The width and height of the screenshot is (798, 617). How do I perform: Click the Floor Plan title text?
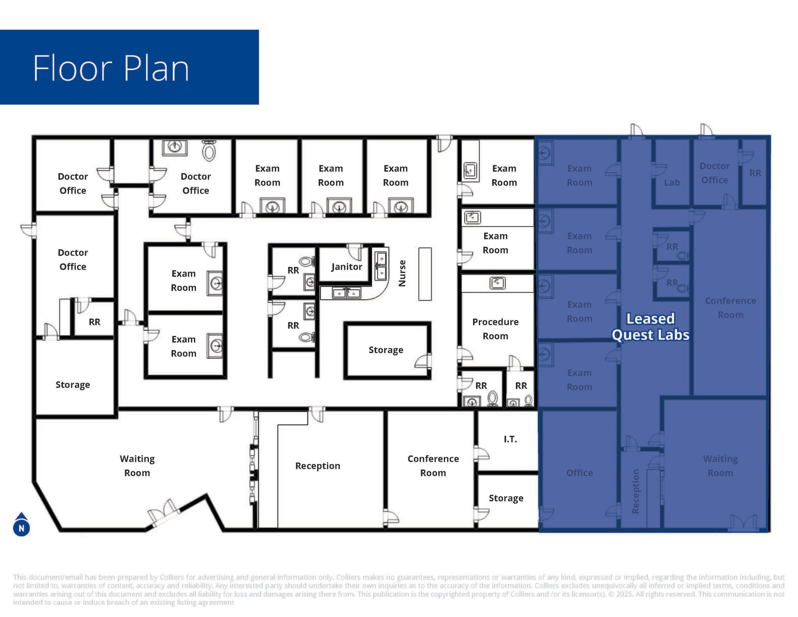111,68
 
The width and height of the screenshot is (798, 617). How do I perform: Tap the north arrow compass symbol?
21,525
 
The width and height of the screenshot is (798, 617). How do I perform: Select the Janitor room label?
346,267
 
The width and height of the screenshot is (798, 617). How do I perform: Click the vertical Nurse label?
402,274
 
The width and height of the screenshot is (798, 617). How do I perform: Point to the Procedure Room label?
495,329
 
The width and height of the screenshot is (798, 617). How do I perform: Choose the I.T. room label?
510,439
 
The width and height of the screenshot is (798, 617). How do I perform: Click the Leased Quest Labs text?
650,327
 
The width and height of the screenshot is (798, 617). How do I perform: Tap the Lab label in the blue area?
672,182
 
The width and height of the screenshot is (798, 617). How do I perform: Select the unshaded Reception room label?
318,466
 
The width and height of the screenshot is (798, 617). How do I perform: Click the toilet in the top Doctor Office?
209,150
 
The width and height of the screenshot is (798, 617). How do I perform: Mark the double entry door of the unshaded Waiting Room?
164,512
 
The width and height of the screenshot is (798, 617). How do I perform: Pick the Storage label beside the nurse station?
386,350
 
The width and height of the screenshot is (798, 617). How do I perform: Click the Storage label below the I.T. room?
506,498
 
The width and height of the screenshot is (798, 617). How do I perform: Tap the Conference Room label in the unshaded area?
433,466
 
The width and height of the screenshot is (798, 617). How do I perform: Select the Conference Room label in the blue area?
730,308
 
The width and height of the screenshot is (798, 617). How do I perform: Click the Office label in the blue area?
579,473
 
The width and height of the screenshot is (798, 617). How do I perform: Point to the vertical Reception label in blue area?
636,491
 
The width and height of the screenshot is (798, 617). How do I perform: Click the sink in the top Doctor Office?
175,147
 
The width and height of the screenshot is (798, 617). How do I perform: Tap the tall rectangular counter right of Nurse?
425,274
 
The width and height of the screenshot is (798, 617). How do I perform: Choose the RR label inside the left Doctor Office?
94,322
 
